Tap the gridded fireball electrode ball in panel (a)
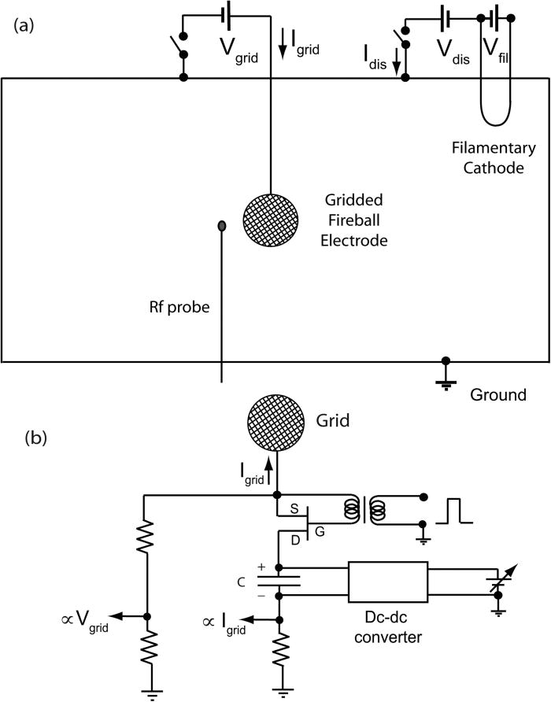click(x=270, y=223)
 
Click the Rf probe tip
click(x=222, y=227)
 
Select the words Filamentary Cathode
click(x=494, y=157)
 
